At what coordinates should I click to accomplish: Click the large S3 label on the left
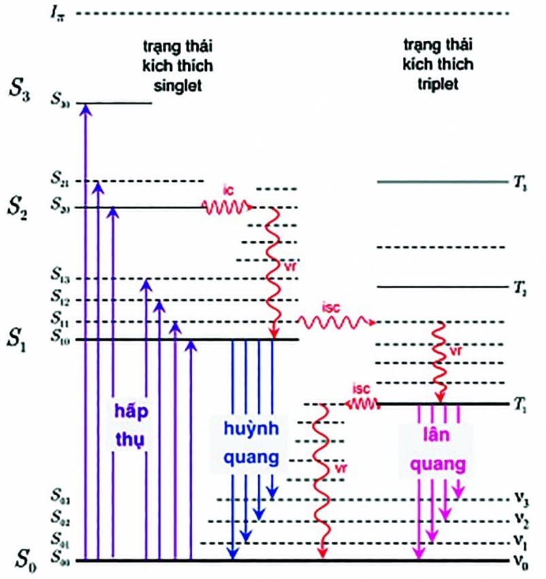[x=20, y=89]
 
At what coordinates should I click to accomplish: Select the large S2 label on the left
[x=20, y=205]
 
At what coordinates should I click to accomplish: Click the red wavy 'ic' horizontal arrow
[x=227, y=206]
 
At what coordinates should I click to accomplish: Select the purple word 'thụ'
[x=131, y=437]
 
